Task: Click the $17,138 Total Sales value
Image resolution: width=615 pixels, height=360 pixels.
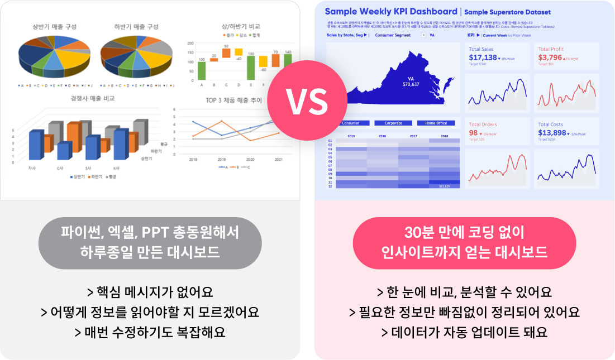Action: [483, 57]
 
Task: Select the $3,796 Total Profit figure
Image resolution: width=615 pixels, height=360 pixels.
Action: [550, 57]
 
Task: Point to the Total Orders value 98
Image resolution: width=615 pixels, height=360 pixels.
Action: [473, 133]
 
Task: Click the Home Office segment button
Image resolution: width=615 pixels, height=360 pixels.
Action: [436, 123]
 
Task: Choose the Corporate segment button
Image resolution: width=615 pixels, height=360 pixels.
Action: [393, 123]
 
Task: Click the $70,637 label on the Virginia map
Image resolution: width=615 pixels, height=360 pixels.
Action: [411, 84]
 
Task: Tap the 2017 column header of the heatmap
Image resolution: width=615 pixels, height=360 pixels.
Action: [413, 136]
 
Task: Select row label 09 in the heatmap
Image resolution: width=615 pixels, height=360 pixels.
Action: [330, 174]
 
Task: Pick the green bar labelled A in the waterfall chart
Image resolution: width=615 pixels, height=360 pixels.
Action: [202, 70]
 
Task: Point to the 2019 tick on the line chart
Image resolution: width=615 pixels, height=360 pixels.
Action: [222, 159]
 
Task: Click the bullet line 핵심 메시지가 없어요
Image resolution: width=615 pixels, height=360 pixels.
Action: [150, 292]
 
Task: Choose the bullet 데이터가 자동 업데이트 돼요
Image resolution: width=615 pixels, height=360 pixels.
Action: [464, 333]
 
